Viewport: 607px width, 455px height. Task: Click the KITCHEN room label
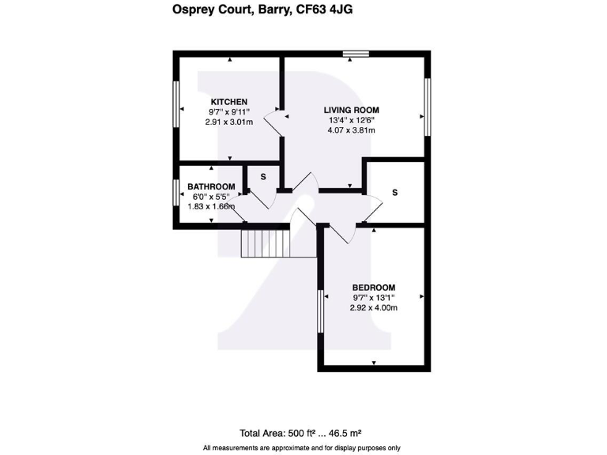pyautogui.click(x=229, y=102)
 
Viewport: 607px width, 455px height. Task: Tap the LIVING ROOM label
pyautogui.click(x=352, y=110)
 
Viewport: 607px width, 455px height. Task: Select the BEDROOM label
pyautogui.click(x=373, y=288)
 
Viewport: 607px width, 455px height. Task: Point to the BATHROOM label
pyautogui.click(x=211, y=187)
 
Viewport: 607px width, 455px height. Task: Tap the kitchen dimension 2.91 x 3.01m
pyautogui.click(x=229, y=122)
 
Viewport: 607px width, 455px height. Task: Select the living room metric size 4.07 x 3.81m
pyautogui.click(x=352, y=130)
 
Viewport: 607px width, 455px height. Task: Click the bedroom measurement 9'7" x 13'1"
pyautogui.click(x=373, y=298)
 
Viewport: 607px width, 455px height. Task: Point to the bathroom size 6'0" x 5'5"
pyautogui.click(x=211, y=197)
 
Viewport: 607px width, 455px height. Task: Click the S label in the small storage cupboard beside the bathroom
pyautogui.click(x=263, y=177)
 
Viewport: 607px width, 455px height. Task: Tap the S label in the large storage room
pyautogui.click(x=394, y=193)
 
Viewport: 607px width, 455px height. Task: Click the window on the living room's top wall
pyautogui.click(x=356, y=54)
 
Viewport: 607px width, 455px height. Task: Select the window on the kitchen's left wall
pyautogui.click(x=175, y=109)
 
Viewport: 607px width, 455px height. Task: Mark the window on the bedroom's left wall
pyautogui.click(x=321, y=311)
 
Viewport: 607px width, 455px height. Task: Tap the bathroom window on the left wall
pyautogui.click(x=175, y=193)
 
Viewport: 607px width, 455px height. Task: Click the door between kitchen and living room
pyautogui.click(x=273, y=121)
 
